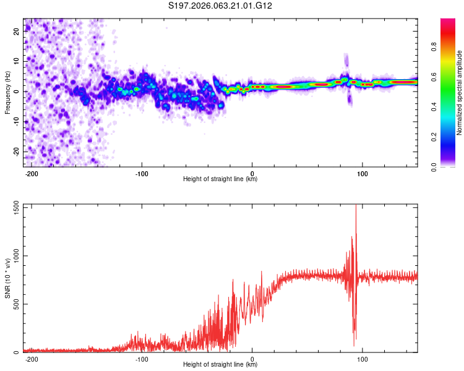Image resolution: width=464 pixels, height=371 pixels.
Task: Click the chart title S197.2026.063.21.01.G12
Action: tap(220, 6)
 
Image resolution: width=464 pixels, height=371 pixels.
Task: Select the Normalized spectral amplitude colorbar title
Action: tap(460, 93)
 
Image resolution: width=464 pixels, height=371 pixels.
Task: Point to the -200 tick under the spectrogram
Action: tap(32, 173)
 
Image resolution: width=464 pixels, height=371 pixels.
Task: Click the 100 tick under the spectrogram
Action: tap(362, 173)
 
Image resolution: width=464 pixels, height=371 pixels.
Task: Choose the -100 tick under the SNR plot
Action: tap(142, 359)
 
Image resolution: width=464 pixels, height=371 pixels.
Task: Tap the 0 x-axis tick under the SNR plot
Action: tap(252, 359)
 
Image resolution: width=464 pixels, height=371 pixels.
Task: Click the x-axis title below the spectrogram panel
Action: tap(220, 179)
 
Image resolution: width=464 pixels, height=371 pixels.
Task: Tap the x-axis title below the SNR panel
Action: tap(220, 365)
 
